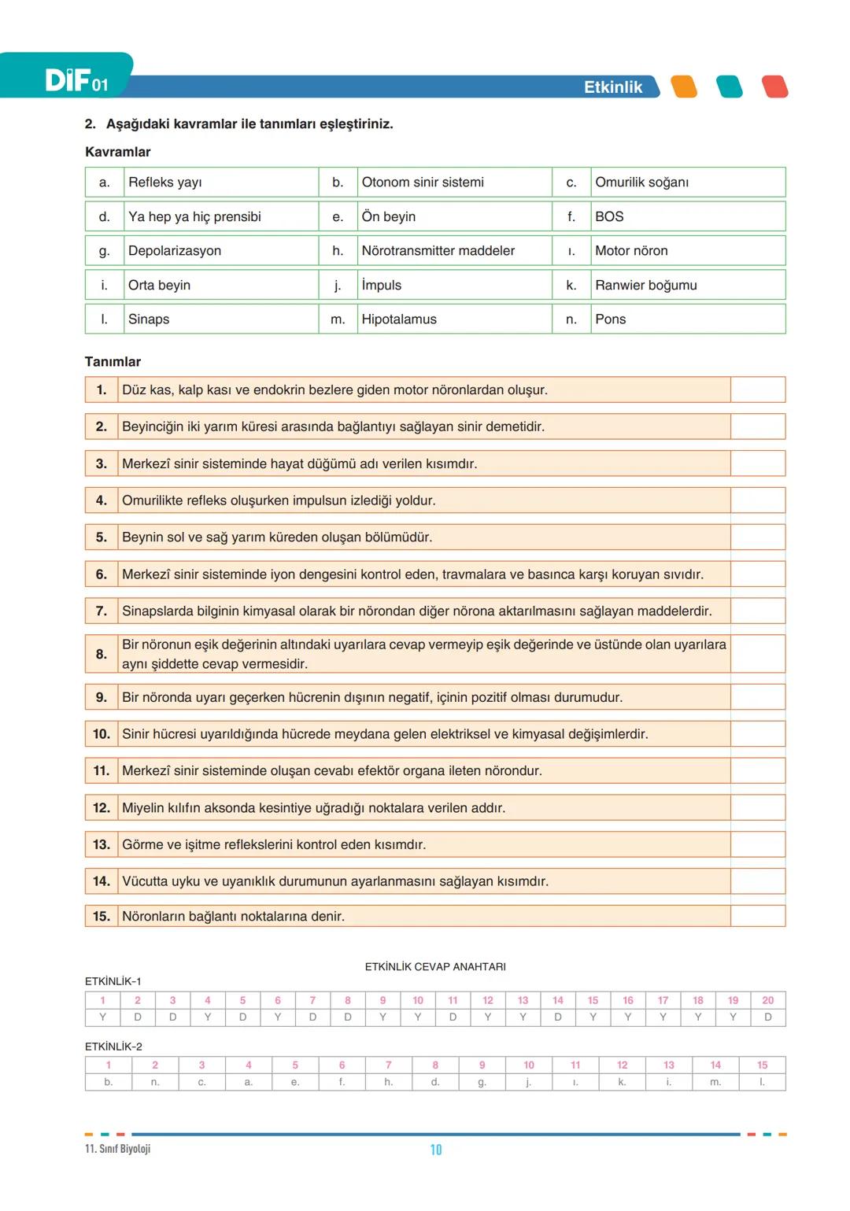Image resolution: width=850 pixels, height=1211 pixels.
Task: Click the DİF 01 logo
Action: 76,79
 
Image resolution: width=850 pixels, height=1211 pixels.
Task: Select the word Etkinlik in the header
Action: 612,87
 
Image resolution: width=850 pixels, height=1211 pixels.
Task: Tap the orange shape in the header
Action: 684,87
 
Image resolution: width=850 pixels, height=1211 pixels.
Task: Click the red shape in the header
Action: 774,87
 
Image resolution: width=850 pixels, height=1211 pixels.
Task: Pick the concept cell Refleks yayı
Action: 165,183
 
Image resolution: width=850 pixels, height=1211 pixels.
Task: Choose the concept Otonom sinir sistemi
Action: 423,183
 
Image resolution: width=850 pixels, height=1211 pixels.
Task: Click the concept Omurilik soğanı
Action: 641,183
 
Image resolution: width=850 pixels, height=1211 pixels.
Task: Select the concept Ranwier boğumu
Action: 645,285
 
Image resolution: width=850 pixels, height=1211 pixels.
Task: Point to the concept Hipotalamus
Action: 399,319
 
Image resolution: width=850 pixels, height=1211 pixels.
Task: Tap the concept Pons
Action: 611,319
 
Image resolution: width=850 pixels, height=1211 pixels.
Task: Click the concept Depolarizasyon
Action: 175,251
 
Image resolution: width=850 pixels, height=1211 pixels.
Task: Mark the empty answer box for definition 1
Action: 757,390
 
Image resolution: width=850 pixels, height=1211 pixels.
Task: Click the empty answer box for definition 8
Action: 757,654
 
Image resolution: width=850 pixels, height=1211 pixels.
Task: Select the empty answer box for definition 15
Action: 757,916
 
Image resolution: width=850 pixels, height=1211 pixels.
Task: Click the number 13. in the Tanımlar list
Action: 102,844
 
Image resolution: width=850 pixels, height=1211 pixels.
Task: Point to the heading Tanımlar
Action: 113,362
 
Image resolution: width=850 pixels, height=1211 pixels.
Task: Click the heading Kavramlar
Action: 117,152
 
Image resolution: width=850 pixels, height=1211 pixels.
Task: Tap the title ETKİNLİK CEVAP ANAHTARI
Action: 435,967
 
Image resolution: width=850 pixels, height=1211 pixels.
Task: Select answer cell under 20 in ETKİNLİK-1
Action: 767,1017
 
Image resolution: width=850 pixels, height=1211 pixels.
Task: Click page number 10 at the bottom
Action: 436,1150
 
